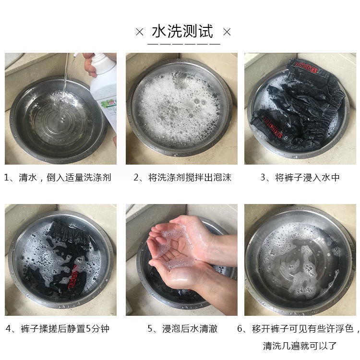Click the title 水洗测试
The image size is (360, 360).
(182, 31)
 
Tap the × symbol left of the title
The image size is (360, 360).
(140, 32)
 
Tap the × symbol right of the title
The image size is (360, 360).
(227, 32)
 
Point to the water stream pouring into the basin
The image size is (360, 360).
(65, 76)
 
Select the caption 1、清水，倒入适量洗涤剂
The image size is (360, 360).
(58, 178)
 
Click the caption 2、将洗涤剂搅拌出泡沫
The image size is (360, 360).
(182, 178)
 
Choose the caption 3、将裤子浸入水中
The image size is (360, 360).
(300, 178)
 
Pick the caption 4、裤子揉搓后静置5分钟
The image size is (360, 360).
(58, 328)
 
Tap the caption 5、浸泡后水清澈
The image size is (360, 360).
(182, 328)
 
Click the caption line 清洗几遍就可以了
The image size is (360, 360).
(300, 346)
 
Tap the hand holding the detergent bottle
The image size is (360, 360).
(90, 64)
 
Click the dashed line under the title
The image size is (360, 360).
(184, 44)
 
